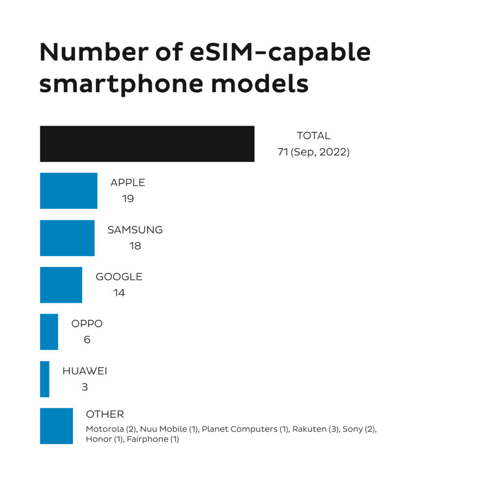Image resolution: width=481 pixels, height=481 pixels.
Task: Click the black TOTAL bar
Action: [147, 144]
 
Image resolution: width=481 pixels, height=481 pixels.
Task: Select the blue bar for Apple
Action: [69, 191]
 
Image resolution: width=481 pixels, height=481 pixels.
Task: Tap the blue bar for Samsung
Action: [67, 238]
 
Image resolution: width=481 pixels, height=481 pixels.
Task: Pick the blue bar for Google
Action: [61, 285]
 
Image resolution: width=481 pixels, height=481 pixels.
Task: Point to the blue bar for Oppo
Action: [49, 332]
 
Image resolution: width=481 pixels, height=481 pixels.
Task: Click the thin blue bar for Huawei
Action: [45, 379]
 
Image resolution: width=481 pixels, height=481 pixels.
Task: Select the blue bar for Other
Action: [56, 426]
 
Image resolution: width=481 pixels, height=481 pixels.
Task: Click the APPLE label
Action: [128, 183]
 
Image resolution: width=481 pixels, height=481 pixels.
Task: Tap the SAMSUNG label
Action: [135, 230]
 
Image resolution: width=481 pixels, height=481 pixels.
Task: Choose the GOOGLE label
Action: [119, 277]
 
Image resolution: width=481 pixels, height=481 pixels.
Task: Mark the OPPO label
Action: [87, 324]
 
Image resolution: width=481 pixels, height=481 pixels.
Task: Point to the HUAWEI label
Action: [84, 371]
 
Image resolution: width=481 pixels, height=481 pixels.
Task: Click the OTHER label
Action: [105, 414]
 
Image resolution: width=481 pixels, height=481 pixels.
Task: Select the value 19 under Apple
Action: [128, 199]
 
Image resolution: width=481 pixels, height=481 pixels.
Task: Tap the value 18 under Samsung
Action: [135, 246]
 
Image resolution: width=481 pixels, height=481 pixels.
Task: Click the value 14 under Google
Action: [119, 293]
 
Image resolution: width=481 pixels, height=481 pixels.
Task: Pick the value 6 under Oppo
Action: [87, 340]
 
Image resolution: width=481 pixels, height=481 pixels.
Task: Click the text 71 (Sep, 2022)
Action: [313, 152]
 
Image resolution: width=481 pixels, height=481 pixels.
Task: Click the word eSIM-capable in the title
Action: [280, 53]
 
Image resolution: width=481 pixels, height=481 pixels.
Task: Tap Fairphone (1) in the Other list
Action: [153, 439]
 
